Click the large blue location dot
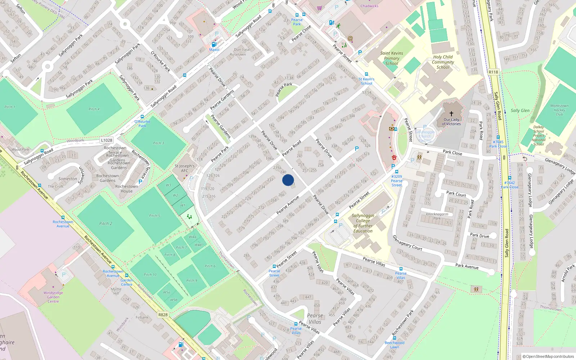pyautogui.click(x=288, y=180)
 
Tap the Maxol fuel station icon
pyautogui.click(x=214, y=45)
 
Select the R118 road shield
pyautogui.click(x=493, y=72)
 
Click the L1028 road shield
pyautogui.click(x=107, y=140)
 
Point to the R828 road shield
pyautogui.click(x=163, y=315)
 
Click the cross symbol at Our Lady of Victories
pyautogui.click(x=451, y=114)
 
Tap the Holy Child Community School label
pyautogui.click(x=443, y=62)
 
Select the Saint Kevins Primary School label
pyautogui.click(x=392, y=58)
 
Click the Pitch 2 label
pyautogui.click(x=105, y=224)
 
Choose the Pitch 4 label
pyautogui.click(x=94, y=109)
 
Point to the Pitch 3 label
pyautogui.click(x=158, y=143)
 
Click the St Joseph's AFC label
pyautogui.click(x=184, y=168)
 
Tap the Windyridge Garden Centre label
pyautogui.click(x=53, y=297)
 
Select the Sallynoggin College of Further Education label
pyautogui.click(x=363, y=223)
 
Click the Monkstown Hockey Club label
pyautogui.click(x=559, y=110)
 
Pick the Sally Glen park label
pyautogui.click(x=520, y=111)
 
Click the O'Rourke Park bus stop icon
pyautogui.click(x=142, y=117)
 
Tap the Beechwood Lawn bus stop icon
pyautogui.click(x=395, y=338)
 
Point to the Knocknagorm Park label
pyautogui.click(x=437, y=216)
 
